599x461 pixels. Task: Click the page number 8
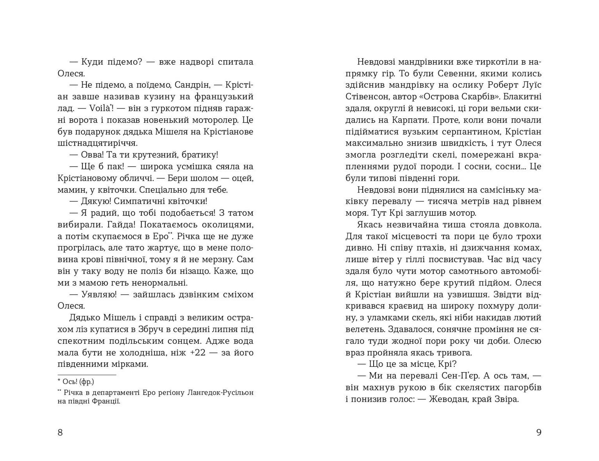pyautogui.click(x=60, y=432)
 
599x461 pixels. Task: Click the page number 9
pyautogui.click(x=539, y=432)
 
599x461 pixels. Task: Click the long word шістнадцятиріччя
pyautogui.click(x=97, y=143)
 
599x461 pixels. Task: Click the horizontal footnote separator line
pyautogui.click(x=87, y=375)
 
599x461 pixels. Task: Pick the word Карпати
pyautogui.click(x=410, y=120)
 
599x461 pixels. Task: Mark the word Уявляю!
pyautogui.click(x=99, y=295)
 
